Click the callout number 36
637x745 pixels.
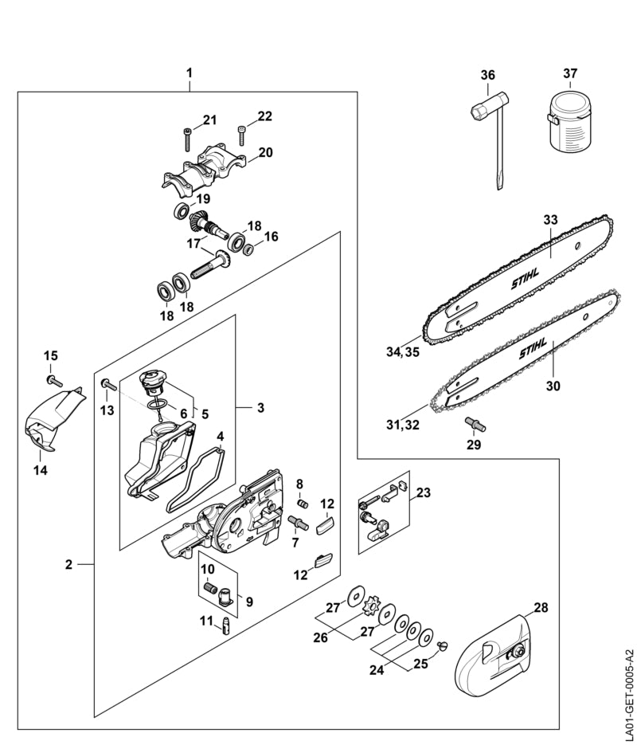487,75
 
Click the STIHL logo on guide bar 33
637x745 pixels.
525,279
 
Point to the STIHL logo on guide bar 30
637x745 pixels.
533,348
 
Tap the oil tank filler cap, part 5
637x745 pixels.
152,382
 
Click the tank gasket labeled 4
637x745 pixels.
194,480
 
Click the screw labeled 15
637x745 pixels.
55,380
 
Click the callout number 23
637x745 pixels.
424,492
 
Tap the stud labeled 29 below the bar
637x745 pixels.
475,424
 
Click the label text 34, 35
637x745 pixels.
403,353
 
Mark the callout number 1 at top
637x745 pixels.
190,73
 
